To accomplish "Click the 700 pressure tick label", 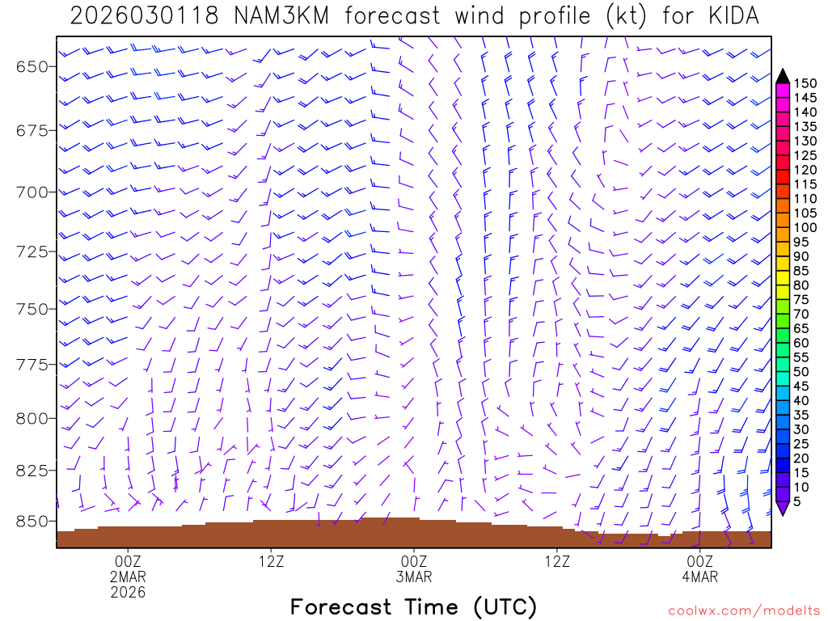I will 33,192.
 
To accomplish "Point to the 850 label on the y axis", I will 33,521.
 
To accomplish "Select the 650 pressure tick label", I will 33,66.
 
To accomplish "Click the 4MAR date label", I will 699,577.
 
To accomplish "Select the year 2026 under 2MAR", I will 128,592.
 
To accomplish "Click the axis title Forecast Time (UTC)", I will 413,606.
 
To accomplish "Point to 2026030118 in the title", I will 143,16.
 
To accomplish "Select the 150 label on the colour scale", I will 805,83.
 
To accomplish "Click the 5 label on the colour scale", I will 798,501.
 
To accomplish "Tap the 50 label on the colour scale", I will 802,371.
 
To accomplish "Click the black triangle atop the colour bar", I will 783,75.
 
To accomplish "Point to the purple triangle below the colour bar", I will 783,508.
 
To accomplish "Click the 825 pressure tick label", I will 33,470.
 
